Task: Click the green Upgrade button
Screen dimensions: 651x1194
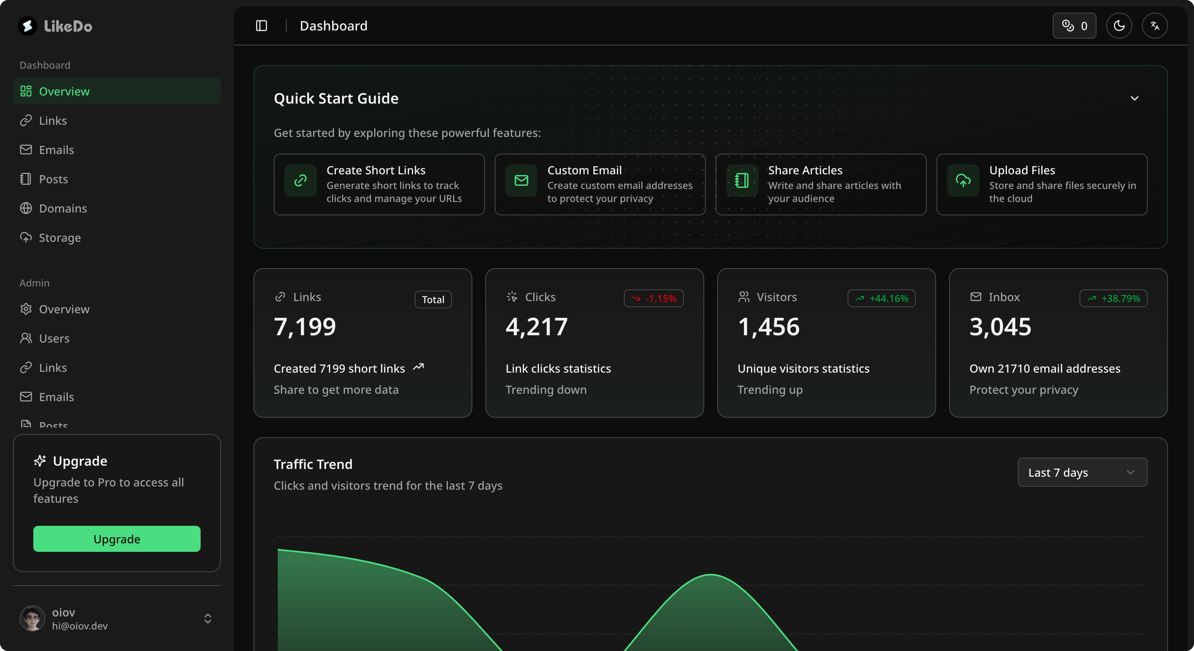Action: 117,539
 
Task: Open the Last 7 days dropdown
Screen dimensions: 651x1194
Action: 1082,473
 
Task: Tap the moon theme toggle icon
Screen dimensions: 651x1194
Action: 1119,26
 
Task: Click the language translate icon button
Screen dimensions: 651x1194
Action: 1155,26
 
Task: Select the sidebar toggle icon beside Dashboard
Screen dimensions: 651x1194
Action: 262,26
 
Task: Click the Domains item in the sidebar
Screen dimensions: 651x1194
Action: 63,208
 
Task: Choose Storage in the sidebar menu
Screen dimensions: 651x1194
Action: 59,237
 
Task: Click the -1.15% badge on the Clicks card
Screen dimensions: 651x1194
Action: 653,298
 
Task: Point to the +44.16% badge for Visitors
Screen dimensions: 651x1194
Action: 881,298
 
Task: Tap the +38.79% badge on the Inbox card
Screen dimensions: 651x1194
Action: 1113,298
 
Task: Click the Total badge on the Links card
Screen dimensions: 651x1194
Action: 433,299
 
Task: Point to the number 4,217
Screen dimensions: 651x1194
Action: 536,326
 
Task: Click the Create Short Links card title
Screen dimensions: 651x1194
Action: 376,170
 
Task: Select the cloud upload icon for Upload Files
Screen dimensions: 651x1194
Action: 963,180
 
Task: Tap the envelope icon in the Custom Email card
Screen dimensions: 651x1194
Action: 521,180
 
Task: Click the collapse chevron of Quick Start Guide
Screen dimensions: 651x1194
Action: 1134,98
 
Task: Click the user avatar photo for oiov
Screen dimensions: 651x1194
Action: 32,618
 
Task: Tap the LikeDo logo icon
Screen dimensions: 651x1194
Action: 28,26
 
